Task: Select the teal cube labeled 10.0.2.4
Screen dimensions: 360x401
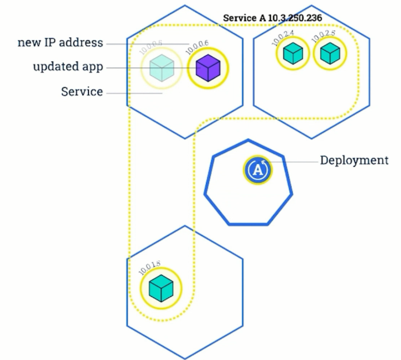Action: click(293, 53)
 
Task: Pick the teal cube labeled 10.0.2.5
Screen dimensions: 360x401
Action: click(330, 53)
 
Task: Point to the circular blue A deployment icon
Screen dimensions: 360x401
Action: click(257, 170)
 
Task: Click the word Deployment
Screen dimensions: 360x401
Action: click(354, 160)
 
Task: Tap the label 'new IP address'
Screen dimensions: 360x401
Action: click(60, 43)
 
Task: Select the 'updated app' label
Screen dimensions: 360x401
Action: click(68, 67)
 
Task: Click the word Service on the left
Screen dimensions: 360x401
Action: click(82, 92)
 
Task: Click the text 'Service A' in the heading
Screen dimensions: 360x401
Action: click(241, 18)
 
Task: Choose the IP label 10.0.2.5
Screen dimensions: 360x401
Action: click(323, 37)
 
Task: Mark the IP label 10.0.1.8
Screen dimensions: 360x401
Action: click(149, 268)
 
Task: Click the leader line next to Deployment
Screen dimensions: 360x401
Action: click(295, 162)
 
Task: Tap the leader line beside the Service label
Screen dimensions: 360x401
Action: click(134, 93)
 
